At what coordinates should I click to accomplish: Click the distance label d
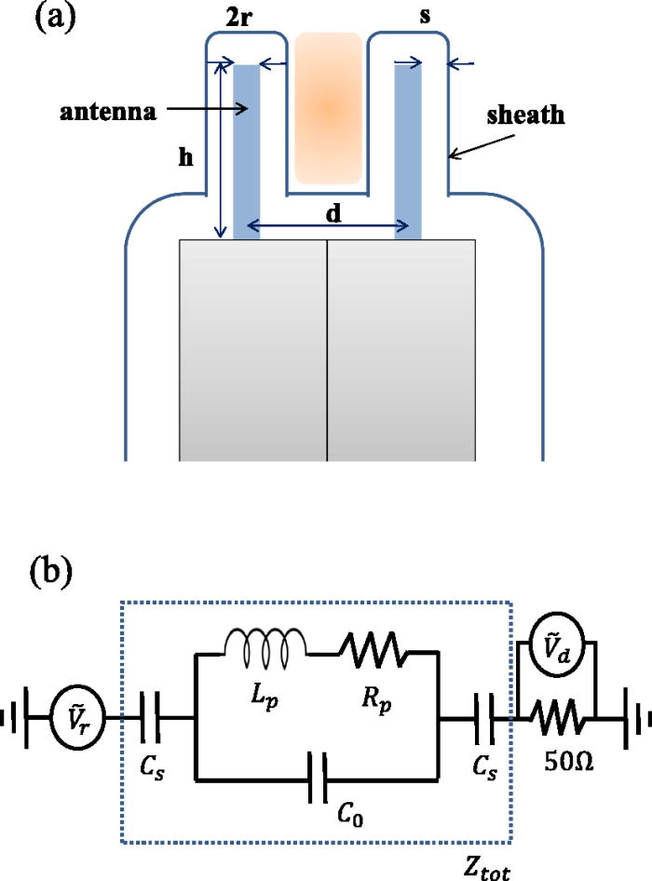coord(333,212)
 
